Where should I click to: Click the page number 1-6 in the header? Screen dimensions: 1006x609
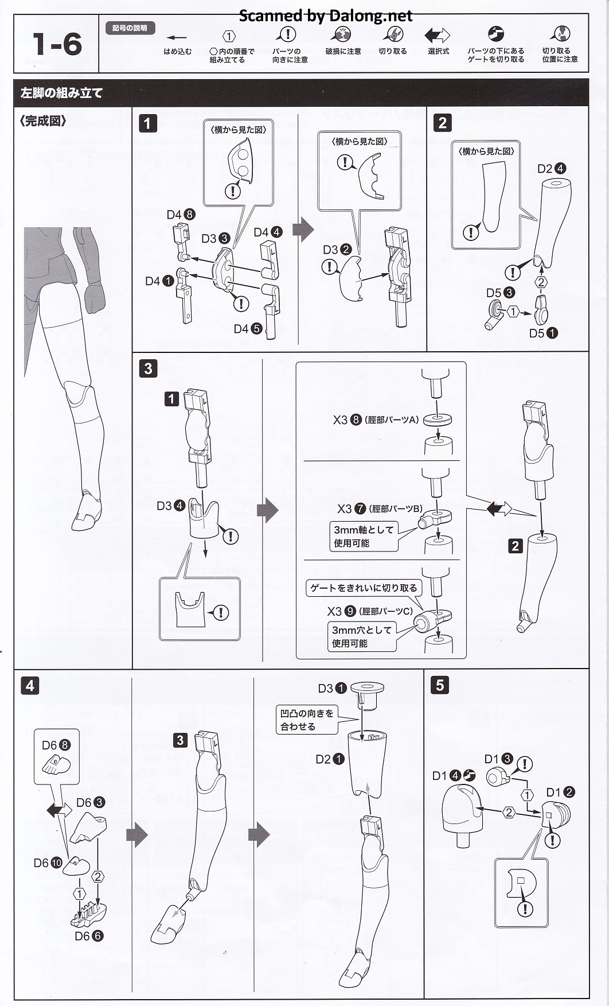57,44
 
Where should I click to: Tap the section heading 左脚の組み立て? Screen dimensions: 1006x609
61,93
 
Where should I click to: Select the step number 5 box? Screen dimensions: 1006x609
439,685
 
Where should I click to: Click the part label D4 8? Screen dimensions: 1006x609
181,215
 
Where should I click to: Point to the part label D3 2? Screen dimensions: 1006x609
337,250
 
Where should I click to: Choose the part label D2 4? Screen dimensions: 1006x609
551,169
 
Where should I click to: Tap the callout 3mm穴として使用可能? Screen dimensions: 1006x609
361,636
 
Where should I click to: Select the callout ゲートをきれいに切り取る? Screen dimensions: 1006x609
364,588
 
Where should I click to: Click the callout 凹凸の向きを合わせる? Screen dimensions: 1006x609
306,720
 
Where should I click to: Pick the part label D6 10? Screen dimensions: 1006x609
48,863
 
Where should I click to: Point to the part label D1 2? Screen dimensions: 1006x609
560,792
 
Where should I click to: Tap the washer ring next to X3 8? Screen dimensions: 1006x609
437,420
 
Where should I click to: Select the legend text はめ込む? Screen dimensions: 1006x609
178,52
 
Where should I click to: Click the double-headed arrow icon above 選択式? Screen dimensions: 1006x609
438,36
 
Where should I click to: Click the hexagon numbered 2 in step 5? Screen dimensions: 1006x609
509,812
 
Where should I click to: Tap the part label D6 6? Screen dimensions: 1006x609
89,936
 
